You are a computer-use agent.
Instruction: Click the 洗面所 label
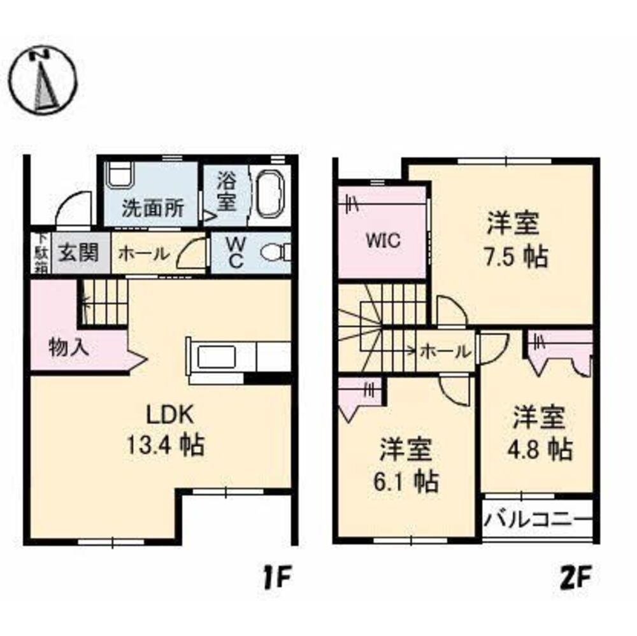tap(153, 208)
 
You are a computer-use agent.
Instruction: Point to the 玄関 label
tap(80, 253)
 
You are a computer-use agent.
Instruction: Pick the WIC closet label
tap(382, 241)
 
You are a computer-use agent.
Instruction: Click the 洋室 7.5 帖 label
tap(513, 241)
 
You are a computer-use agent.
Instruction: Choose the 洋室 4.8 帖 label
tap(540, 434)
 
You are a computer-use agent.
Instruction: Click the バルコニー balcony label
tap(536, 519)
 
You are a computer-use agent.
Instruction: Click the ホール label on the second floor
tap(446, 350)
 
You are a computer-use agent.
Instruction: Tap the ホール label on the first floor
tap(144, 253)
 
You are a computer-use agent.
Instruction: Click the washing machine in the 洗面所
tap(119, 174)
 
